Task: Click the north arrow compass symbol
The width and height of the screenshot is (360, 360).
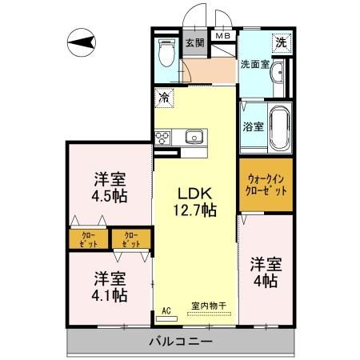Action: (x=82, y=42)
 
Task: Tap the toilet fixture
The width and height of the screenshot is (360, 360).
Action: (x=166, y=52)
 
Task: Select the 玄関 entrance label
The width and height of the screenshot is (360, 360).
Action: (x=195, y=42)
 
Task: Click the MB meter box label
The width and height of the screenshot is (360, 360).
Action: (x=223, y=36)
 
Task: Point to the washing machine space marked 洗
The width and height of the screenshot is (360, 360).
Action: (x=282, y=42)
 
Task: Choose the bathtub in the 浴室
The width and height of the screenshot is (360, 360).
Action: (x=280, y=128)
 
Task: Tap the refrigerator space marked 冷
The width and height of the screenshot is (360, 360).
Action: (x=164, y=98)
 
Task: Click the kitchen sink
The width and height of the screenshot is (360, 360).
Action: (x=194, y=137)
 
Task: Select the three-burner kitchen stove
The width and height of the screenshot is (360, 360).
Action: (x=163, y=138)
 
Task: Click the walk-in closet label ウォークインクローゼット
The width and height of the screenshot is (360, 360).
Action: (x=266, y=185)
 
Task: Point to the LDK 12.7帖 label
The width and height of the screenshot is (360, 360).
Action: (x=195, y=202)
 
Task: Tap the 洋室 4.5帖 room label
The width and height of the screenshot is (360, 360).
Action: (x=110, y=187)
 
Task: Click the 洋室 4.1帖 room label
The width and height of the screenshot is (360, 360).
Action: (x=110, y=286)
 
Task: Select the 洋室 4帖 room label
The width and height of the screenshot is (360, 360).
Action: (x=266, y=273)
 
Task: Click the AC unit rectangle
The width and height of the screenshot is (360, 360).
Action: (x=166, y=318)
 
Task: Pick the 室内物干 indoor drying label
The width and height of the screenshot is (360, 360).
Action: (x=209, y=306)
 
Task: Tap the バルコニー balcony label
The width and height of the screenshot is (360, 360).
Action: (x=181, y=342)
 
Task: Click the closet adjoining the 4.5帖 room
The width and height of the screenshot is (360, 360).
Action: (x=89, y=239)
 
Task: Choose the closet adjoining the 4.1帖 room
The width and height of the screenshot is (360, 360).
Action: (x=131, y=239)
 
